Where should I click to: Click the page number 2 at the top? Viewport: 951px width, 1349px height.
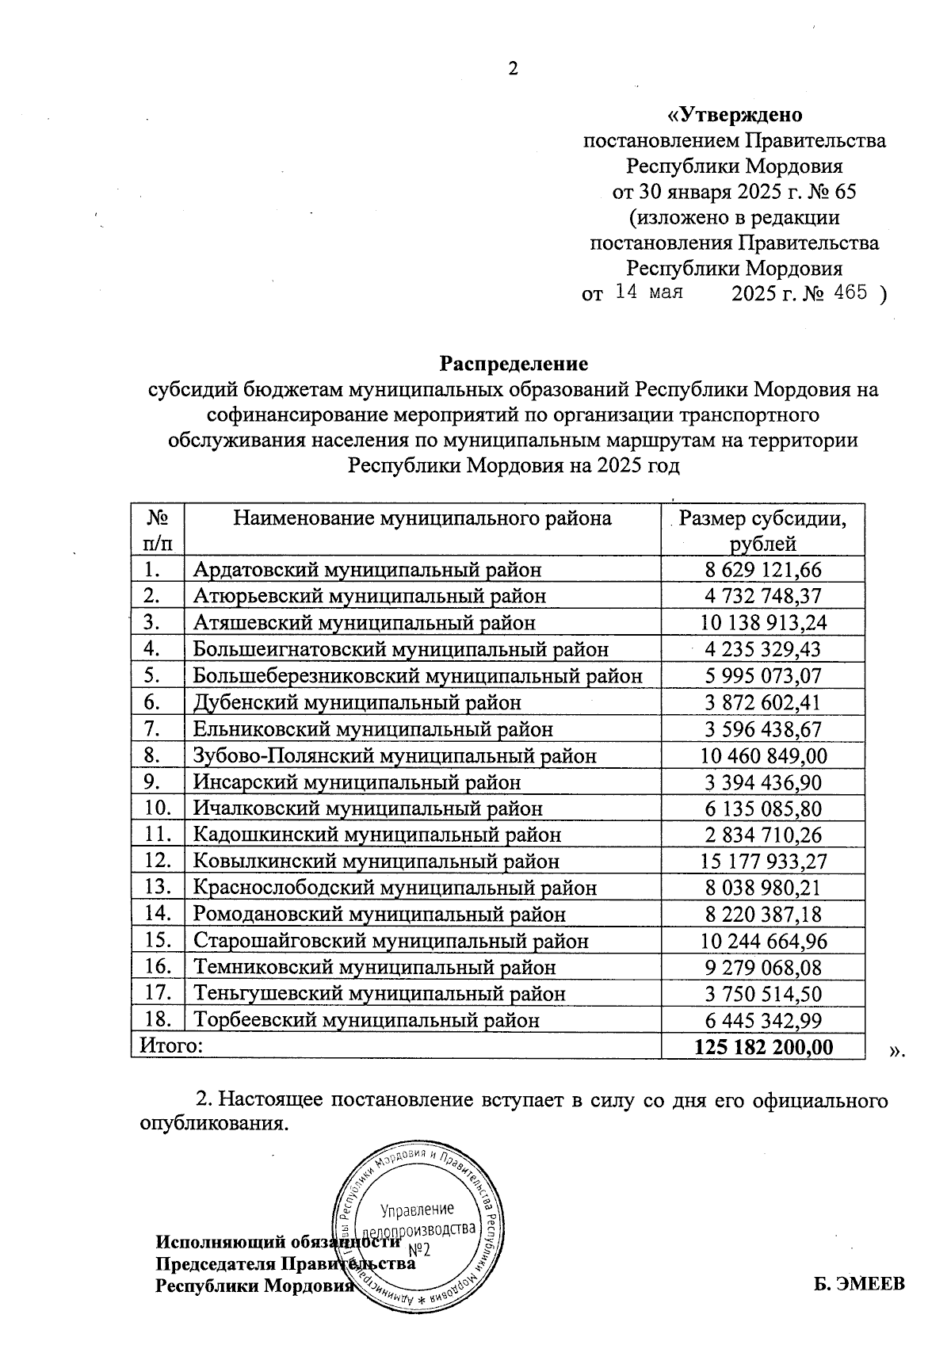point(513,69)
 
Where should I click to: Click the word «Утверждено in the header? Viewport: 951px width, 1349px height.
point(735,115)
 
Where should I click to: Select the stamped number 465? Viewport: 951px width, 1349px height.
point(850,292)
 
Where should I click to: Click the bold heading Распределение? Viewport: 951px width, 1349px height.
point(514,364)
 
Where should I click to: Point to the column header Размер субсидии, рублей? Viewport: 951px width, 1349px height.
point(762,530)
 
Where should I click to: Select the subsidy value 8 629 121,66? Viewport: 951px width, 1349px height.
point(763,570)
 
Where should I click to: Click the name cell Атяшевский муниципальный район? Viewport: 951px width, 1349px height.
point(365,623)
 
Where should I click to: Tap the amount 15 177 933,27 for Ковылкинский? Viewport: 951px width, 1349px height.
point(763,862)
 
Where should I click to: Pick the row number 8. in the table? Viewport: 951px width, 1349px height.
point(154,755)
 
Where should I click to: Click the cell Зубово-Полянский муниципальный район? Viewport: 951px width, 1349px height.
point(395,756)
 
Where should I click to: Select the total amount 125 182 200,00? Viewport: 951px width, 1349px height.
point(763,1047)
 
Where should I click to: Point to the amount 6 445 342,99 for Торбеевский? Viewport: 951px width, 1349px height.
point(763,1020)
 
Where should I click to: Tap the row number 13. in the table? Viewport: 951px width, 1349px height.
point(158,888)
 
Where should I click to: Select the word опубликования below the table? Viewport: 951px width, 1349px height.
point(210,1124)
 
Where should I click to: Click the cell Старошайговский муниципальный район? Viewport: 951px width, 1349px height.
point(391,942)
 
